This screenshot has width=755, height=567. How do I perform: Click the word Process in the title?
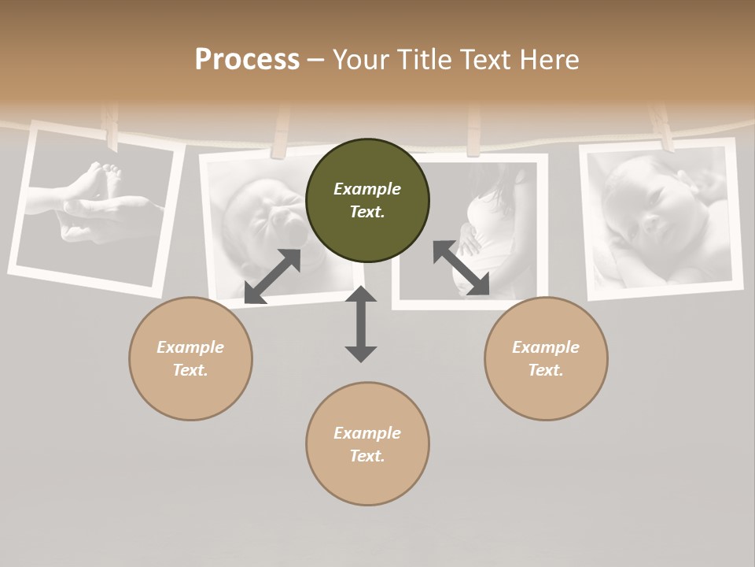tap(247, 60)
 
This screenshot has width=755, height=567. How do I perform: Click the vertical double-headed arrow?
tap(361, 324)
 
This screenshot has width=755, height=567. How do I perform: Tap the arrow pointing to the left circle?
tap(272, 276)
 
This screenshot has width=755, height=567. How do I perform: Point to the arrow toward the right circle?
tap(461, 268)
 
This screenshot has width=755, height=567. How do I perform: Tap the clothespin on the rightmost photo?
tap(661, 126)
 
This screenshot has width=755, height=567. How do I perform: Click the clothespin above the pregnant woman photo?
tap(473, 130)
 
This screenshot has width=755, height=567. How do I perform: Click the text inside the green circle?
tap(367, 200)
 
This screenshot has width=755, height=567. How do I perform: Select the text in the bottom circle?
tap(367, 444)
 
